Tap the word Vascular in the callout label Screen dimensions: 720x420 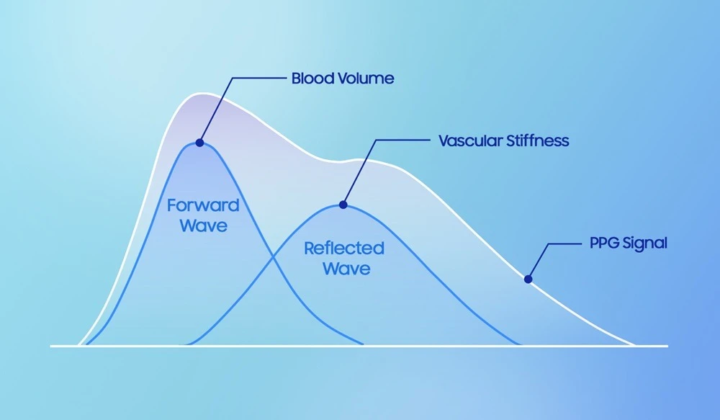click(470, 140)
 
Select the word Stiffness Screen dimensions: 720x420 click(537, 140)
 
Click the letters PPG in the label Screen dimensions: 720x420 click(603, 243)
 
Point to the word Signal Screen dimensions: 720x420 click(643, 243)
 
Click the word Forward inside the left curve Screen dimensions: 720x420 click(203, 205)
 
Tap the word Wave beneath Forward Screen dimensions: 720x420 click(204, 225)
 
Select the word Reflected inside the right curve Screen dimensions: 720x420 click(344, 248)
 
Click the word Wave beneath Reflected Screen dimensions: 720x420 click(346, 269)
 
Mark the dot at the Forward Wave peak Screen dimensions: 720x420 click(199, 143)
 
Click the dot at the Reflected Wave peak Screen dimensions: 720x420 click(343, 205)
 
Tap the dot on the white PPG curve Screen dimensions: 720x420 click(528, 279)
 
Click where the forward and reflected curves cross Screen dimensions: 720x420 click(273, 258)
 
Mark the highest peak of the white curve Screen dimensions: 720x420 click(202, 94)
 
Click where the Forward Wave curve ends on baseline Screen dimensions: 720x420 click(363, 344)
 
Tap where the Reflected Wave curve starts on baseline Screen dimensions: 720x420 click(186, 344)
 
